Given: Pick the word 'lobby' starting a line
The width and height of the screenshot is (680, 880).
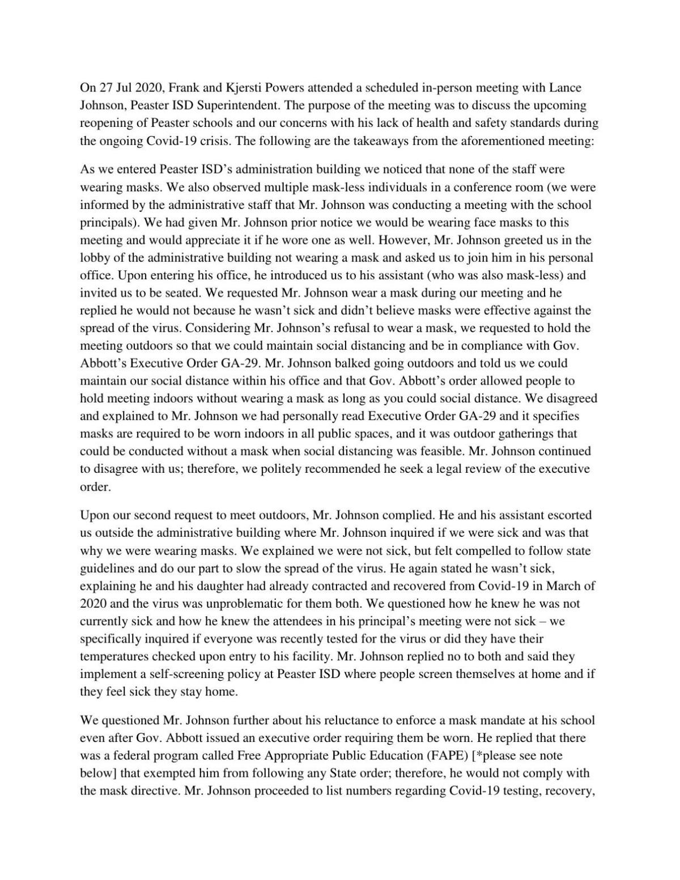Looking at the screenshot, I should [94, 258].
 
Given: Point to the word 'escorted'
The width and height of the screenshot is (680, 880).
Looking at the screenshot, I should [569, 515].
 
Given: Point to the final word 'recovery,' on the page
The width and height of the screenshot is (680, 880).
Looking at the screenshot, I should [569, 791].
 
